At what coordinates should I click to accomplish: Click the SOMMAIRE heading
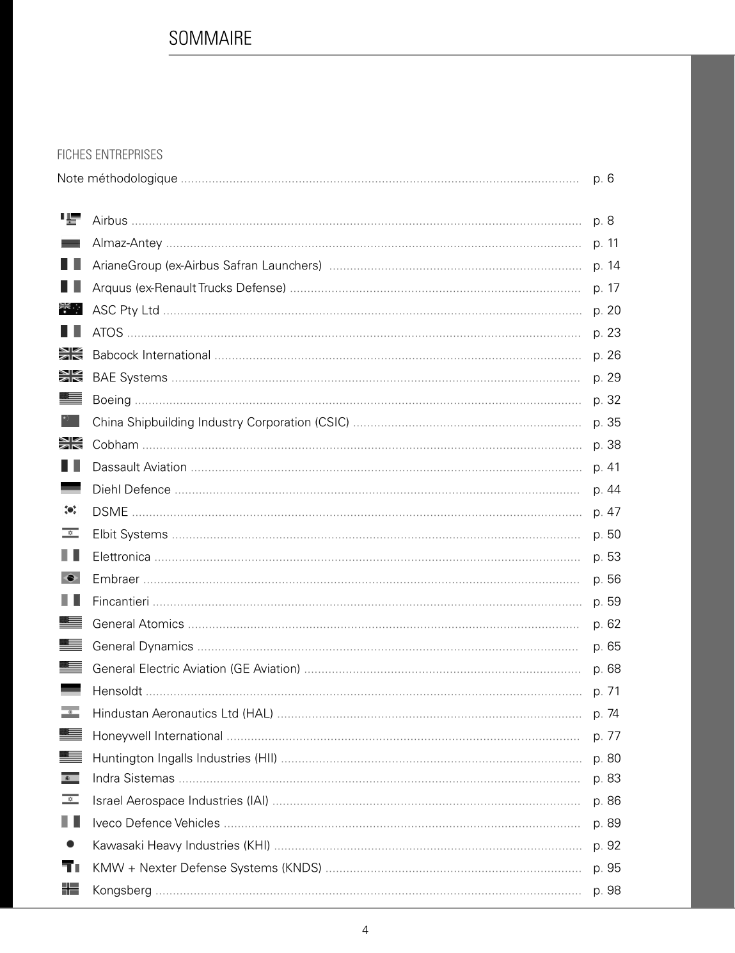pyautogui.click(x=210, y=38)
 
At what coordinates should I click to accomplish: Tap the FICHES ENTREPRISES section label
pyautogui.click(x=110, y=155)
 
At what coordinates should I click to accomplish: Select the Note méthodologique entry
pyautogui.click(x=117, y=179)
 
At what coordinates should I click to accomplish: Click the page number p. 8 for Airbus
pyautogui.click(x=603, y=221)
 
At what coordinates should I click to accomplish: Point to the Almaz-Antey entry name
pyautogui.click(x=127, y=243)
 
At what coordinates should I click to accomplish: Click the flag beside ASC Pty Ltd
pyautogui.click(x=70, y=309)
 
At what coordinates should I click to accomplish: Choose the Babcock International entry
pyautogui.click(x=151, y=355)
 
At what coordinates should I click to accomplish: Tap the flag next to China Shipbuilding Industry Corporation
pyautogui.click(x=70, y=421)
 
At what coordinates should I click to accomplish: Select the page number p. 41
pyautogui.click(x=606, y=467)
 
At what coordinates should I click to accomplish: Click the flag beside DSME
pyautogui.click(x=70, y=511)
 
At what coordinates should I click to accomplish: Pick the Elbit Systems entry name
pyautogui.click(x=130, y=534)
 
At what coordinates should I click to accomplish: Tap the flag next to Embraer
pyautogui.click(x=70, y=578)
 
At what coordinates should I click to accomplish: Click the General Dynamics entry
pyautogui.click(x=143, y=646)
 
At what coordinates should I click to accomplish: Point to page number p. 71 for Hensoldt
pyautogui.click(x=606, y=691)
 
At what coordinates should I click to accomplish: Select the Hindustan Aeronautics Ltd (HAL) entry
pyautogui.click(x=182, y=714)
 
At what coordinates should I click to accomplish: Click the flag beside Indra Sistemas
pyautogui.click(x=70, y=778)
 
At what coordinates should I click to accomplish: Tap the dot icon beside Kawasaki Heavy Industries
pyautogui.click(x=70, y=845)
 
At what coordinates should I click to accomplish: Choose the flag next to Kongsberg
pyautogui.click(x=70, y=889)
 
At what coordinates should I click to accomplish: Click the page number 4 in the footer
pyautogui.click(x=365, y=931)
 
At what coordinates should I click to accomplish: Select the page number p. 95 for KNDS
pyautogui.click(x=606, y=868)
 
